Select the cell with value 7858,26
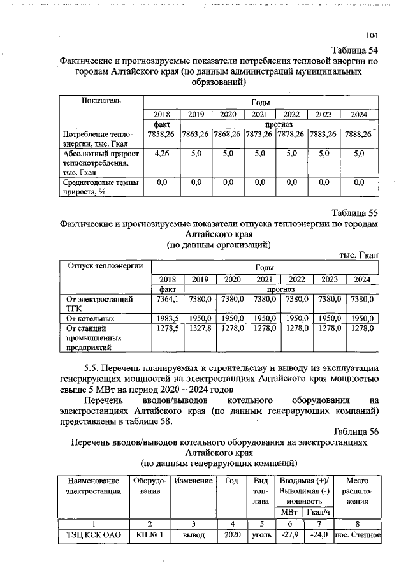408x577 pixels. pyautogui.click(x=160, y=135)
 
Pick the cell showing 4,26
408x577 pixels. pyautogui.click(x=160, y=154)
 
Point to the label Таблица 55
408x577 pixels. pyautogui.click(x=355, y=212)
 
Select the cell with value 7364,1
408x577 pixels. pyautogui.click(x=167, y=298)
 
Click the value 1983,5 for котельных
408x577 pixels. pyautogui.click(x=167, y=318)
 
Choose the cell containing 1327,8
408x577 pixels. pyautogui.click(x=200, y=328)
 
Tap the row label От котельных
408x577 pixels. pyautogui.click(x=91, y=318)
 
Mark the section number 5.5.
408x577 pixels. pyautogui.click(x=94, y=369)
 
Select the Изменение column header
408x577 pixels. pyautogui.click(x=193, y=479)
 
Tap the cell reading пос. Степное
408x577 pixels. pyautogui.click(x=357, y=536)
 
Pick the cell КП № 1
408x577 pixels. pyautogui.click(x=149, y=536)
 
